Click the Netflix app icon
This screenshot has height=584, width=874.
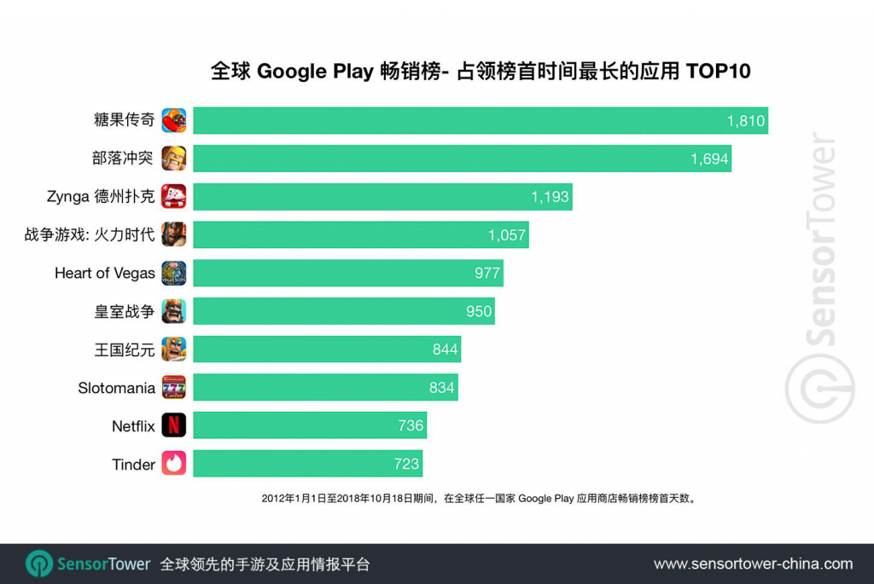click(x=174, y=425)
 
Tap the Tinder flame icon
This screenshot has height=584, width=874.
click(x=174, y=463)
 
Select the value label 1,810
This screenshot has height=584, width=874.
click(x=746, y=121)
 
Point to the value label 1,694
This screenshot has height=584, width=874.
click(x=709, y=159)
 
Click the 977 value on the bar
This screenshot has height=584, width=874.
click(x=487, y=274)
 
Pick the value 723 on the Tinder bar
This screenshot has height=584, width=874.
click(x=406, y=464)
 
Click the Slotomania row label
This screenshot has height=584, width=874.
click(x=116, y=388)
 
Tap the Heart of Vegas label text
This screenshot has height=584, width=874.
click(x=105, y=274)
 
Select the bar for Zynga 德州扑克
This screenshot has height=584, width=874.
click(x=383, y=197)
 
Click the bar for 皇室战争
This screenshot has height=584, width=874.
click(x=344, y=311)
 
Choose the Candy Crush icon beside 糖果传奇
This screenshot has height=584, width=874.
click(x=174, y=120)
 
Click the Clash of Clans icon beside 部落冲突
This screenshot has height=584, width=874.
click(x=174, y=158)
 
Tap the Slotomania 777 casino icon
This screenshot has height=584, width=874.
click(x=174, y=387)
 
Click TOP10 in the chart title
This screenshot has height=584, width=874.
click(x=719, y=72)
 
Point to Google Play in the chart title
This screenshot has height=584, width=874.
click(x=315, y=72)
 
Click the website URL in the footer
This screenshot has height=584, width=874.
click(x=753, y=564)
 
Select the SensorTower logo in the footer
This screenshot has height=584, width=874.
click(x=88, y=564)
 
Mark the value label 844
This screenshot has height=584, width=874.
click(x=446, y=350)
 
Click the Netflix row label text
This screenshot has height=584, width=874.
click(x=133, y=426)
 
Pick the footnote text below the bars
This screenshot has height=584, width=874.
click(x=479, y=498)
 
